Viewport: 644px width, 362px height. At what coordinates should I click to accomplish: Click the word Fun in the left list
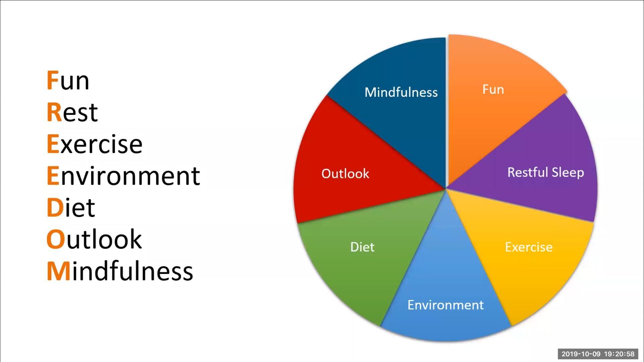[x=68, y=80]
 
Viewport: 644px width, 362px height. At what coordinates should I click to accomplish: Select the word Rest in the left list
[x=72, y=112]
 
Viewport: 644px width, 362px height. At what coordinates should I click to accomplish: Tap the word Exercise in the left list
[x=95, y=144]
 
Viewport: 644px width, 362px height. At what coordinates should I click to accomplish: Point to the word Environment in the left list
[x=123, y=176]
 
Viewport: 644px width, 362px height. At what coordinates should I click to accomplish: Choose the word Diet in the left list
[x=71, y=207]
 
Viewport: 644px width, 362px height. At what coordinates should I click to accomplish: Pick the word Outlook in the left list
[x=94, y=239]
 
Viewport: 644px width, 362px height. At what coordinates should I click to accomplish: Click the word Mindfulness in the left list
[x=120, y=271]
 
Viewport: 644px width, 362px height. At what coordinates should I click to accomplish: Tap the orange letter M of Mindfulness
[x=58, y=271]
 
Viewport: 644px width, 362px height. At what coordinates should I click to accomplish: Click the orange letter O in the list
[x=56, y=239]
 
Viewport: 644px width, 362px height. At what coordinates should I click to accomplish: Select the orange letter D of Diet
[x=55, y=207]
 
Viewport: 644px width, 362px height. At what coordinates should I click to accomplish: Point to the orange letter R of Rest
[x=54, y=112]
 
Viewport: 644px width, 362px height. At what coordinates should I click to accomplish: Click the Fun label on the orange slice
[x=493, y=89]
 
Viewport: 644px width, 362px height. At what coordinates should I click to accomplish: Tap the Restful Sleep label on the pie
[x=546, y=172]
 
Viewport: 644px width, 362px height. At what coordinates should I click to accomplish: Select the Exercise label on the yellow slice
[x=529, y=247]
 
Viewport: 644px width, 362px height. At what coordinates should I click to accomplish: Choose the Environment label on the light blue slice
[x=446, y=305]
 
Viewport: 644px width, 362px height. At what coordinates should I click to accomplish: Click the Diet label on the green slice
[x=362, y=247]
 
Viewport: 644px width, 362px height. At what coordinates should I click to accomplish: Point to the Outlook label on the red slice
[x=345, y=174]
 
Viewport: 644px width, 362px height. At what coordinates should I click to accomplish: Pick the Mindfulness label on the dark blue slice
[x=401, y=92]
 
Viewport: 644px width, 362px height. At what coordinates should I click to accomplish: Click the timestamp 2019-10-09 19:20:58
[x=598, y=354]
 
